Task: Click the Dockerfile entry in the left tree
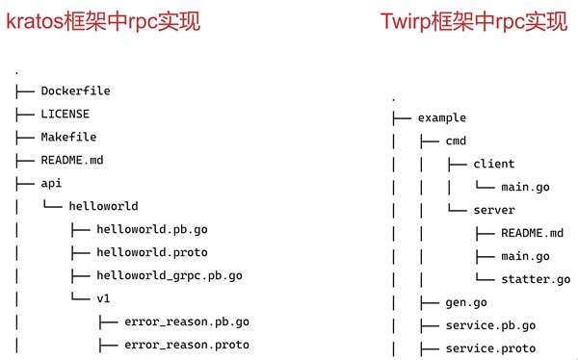click(75, 91)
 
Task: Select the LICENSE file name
click(65, 115)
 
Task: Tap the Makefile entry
click(68, 138)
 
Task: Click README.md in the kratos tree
click(72, 160)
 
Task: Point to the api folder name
click(51, 183)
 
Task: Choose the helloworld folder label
click(103, 206)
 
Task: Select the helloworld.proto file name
click(151, 252)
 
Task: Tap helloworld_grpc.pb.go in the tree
click(170, 275)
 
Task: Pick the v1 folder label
click(104, 298)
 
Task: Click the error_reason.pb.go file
click(187, 321)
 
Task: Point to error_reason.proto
click(187, 345)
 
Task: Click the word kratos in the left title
click(36, 20)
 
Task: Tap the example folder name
click(442, 117)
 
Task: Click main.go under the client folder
click(525, 187)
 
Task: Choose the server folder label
click(495, 210)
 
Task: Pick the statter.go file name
click(536, 279)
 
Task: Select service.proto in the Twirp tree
click(490, 348)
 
